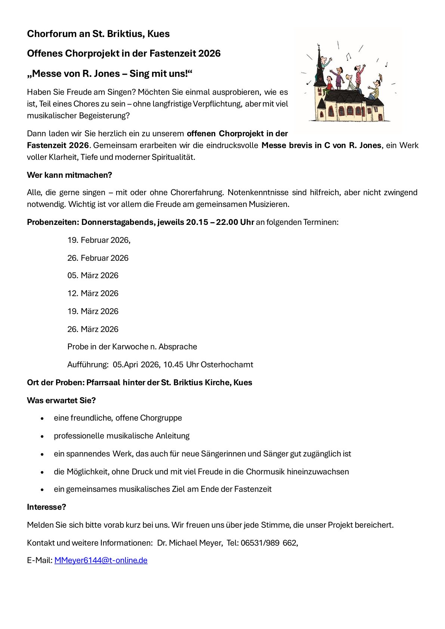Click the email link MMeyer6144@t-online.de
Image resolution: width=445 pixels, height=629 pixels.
(x=101, y=560)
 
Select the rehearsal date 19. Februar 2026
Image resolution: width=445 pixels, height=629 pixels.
(x=99, y=240)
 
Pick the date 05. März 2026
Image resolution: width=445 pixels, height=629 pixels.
(x=93, y=275)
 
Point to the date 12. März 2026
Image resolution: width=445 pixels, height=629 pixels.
(x=93, y=293)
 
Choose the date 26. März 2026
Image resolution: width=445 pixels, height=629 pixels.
(x=93, y=329)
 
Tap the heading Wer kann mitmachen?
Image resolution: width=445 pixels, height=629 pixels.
(x=69, y=175)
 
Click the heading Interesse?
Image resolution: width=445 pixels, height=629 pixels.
(x=46, y=507)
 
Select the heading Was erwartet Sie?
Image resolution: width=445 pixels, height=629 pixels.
(x=61, y=400)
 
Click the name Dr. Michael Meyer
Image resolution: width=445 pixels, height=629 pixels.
(x=189, y=543)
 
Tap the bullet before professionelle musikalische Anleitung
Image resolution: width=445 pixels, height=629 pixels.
(x=43, y=436)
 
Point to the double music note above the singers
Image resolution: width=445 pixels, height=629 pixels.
(x=349, y=56)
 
